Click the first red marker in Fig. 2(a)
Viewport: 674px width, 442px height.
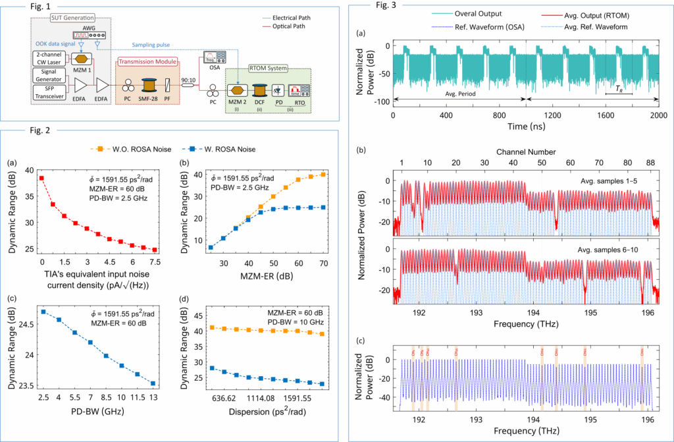[41, 178]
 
